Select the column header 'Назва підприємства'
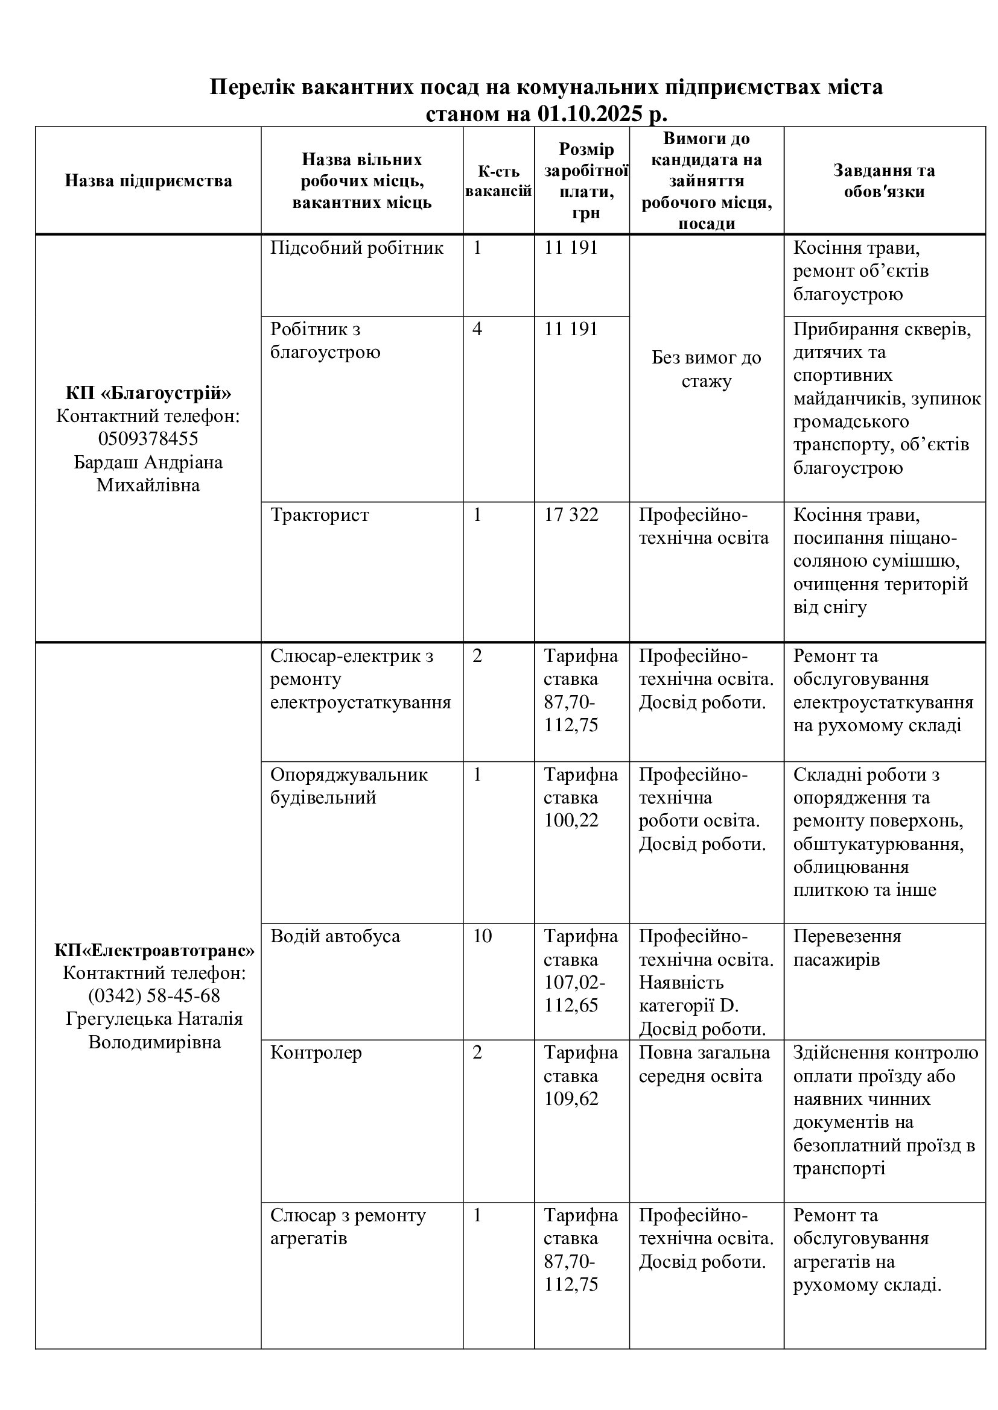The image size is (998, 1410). (148, 181)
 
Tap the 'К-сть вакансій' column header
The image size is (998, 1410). (498, 181)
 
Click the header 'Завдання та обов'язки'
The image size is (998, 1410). (884, 181)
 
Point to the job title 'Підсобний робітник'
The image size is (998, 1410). (357, 248)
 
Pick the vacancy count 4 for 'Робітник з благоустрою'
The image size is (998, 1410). (477, 329)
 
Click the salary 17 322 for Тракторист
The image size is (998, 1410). (571, 515)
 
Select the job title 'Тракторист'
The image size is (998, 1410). (320, 515)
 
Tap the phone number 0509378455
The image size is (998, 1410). (148, 438)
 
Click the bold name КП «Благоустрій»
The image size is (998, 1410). (148, 393)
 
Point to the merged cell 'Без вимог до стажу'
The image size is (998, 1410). (706, 369)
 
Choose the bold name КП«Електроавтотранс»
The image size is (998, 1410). (154, 951)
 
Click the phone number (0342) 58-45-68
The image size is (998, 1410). (154, 995)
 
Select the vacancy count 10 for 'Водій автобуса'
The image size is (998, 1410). (483, 937)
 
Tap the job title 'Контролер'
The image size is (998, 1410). (316, 1053)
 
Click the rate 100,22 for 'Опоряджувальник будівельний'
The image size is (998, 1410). (571, 820)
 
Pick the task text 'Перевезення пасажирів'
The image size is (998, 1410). (847, 948)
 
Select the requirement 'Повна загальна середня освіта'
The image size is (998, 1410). (704, 1064)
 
